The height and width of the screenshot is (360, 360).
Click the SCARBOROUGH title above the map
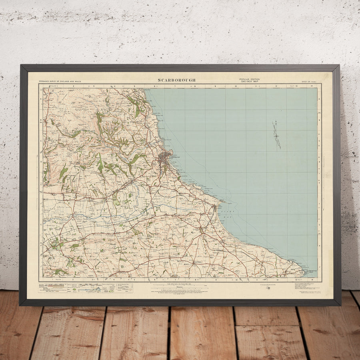pos(176,80)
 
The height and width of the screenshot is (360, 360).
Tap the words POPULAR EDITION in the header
pos(249,79)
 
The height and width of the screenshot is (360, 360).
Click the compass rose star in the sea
pos(276,136)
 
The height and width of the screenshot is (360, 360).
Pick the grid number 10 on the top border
pos(236,86)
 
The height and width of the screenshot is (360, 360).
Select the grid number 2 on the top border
pos(74,86)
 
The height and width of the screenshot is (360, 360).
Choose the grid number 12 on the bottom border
pos(276,280)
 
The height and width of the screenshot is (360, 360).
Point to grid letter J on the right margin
pos(319,266)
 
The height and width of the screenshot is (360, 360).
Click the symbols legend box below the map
pos(86,288)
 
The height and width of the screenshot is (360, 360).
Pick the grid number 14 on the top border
pos(311,86)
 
